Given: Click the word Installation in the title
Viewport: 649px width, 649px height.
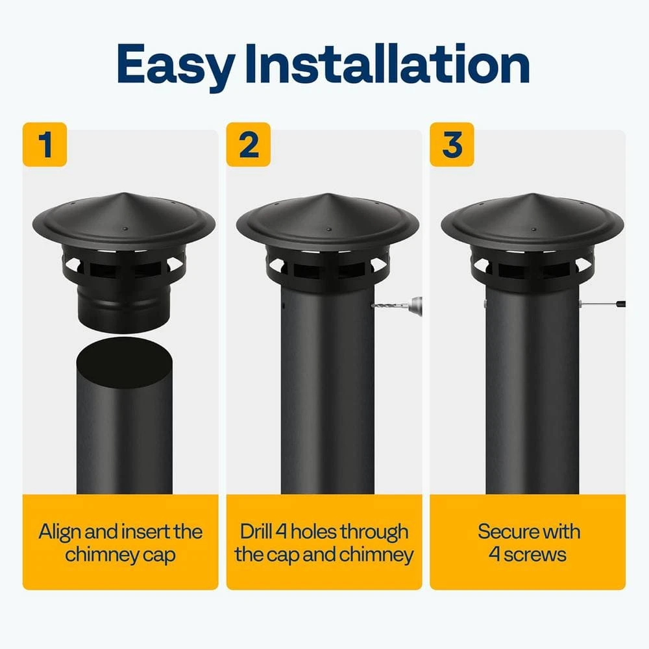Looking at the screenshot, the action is [387, 63].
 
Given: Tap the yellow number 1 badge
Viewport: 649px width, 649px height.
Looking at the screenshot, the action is [45, 145].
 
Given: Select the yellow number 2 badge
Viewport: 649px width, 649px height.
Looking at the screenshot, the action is [249, 145].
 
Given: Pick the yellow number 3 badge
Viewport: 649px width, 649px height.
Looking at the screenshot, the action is [452, 145].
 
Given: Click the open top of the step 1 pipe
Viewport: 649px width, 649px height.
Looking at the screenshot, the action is [125, 362].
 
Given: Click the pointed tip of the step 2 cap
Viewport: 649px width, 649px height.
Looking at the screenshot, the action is [328, 194].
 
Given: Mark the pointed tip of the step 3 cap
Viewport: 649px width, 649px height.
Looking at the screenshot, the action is [532, 194].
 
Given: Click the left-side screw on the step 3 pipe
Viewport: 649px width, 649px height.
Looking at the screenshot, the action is [484, 304].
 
